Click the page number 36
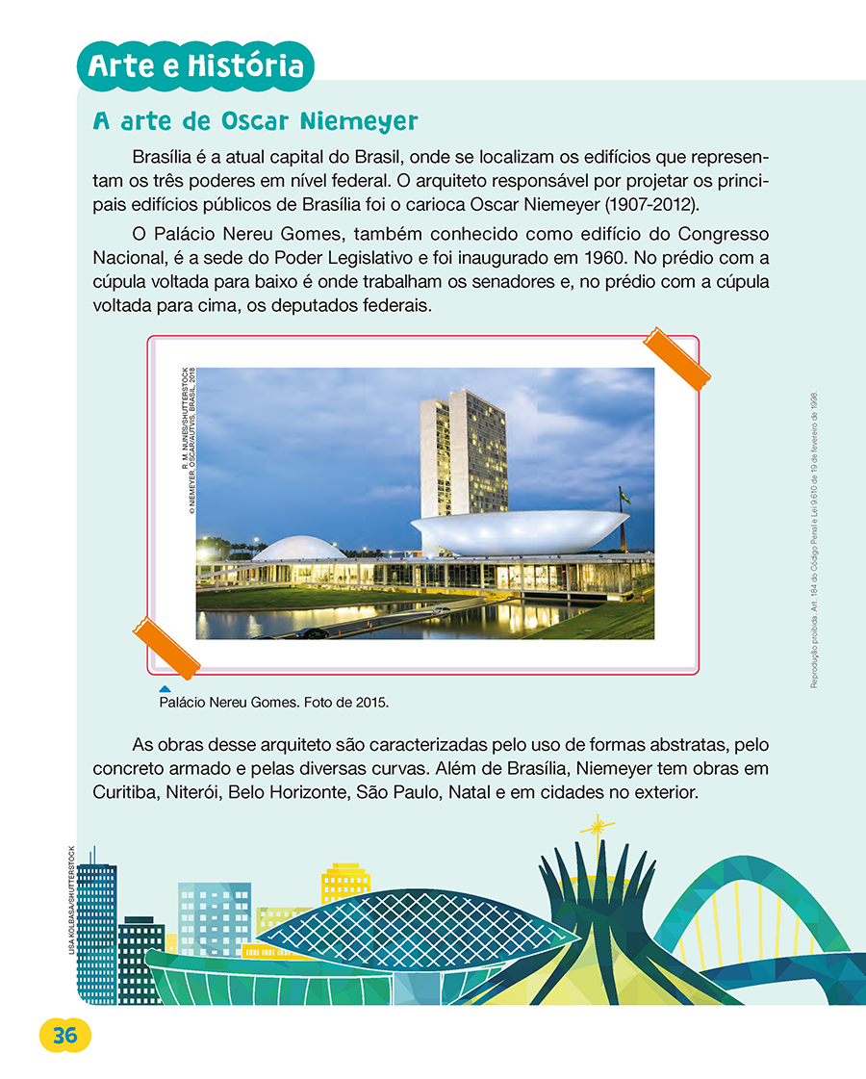click(x=65, y=1036)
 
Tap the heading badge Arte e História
click(x=195, y=66)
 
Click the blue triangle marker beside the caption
click(x=165, y=689)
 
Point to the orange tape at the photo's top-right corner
click(x=675, y=358)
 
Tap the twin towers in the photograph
click(x=463, y=452)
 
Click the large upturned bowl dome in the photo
click(x=519, y=532)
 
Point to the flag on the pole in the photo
click(x=624, y=497)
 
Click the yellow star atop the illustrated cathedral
click(x=598, y=827)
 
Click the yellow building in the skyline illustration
click(x=344, y=883)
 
